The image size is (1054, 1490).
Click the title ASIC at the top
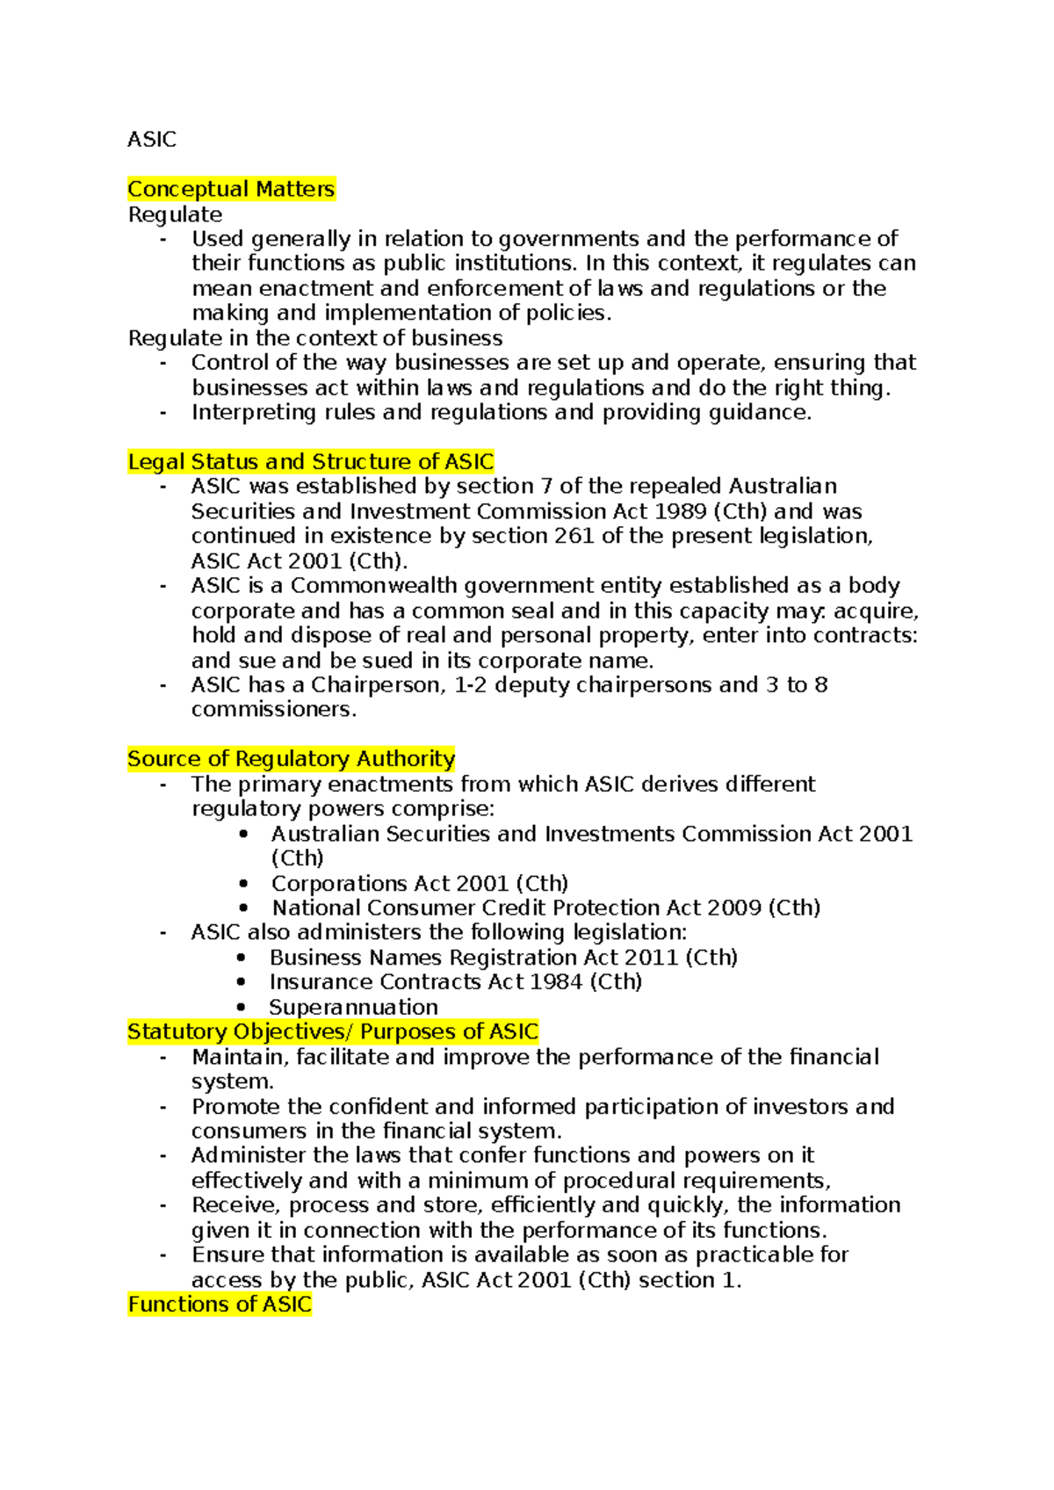pos(151,140)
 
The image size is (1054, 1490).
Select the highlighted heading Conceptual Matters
pos(231,189)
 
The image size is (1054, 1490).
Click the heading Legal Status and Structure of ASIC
pos(311,462)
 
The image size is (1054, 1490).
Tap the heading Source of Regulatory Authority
pos(291,759)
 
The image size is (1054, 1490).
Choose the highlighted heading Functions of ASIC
pos(220,1305)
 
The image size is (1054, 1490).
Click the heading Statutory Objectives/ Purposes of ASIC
pos(333,1031)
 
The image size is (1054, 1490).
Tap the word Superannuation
pos(353,1007)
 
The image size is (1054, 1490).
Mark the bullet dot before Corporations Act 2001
pos(243,884)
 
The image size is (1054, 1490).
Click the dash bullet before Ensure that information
pos(163,1255)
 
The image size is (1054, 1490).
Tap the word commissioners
pos(272,710)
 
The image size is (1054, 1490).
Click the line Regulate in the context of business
pos(315,338)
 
